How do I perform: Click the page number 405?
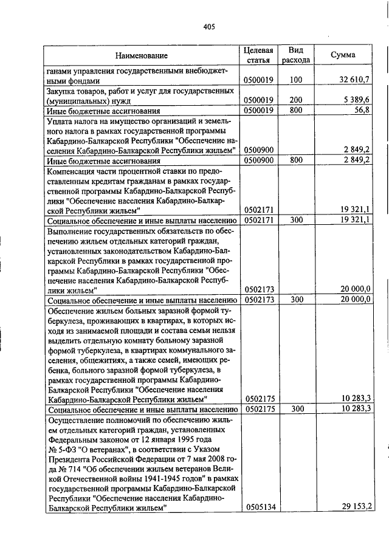pos(210,26)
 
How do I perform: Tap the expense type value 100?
pos(296,80)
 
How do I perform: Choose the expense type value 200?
pos(296,100)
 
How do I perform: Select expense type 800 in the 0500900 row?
pos(296,160)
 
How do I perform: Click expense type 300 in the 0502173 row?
pos(296,300)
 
